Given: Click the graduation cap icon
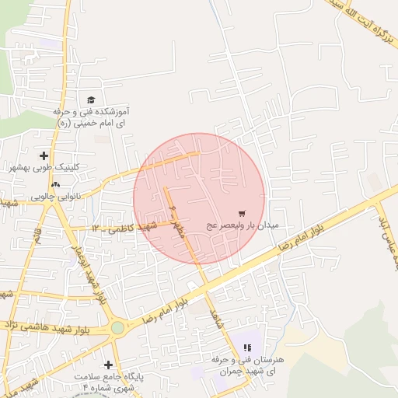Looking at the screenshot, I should (x=91, y=100).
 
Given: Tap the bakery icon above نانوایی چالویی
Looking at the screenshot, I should (x=54, y=185).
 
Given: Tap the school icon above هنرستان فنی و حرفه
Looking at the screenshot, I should (x=247, y=348).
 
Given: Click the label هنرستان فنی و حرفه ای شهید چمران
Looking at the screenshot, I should (x=248, y=366).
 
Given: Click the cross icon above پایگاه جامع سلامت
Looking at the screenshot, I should (x=107, y=365).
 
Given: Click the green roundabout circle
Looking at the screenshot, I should (x=117, y=328).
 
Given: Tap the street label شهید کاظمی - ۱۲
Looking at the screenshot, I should (x=124, y=227).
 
